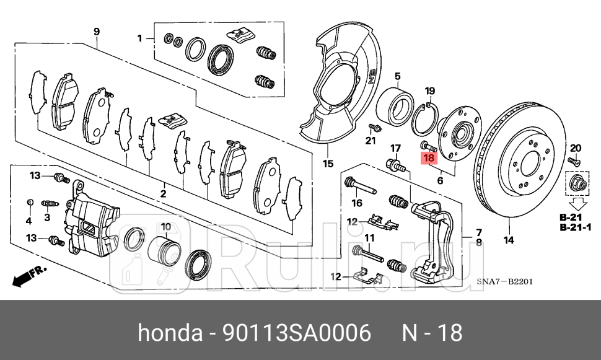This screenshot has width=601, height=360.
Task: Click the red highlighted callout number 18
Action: pos(428,159)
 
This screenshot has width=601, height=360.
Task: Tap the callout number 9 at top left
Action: pos(97,32)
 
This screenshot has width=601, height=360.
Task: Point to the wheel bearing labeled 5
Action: pos(394,105)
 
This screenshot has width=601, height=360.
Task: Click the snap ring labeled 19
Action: pos(428,117)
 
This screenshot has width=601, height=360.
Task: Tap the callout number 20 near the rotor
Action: pos(575,147)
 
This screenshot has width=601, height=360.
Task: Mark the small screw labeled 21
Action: pos(374,128)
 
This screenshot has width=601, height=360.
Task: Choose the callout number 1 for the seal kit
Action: pos(140,38)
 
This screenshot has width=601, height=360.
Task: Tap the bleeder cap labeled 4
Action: pos(29,203)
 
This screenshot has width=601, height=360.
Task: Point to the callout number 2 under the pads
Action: pos(162,194)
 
